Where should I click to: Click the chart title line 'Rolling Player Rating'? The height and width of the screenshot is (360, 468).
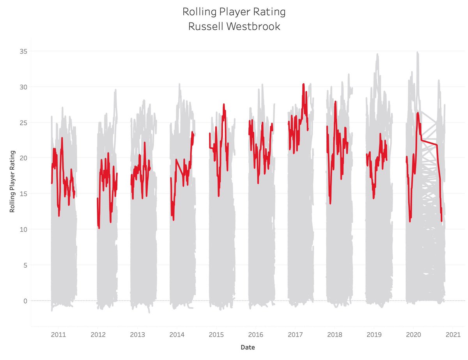pos(234,12)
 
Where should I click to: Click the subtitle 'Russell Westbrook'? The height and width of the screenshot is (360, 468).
pos(234,27)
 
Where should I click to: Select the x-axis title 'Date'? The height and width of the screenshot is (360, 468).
pos(248,347)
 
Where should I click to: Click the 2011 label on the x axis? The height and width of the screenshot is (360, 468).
pos(58,335)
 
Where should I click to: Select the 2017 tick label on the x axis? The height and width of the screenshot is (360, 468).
pos(295,335)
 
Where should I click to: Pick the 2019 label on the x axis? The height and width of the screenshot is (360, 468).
pos(374,335)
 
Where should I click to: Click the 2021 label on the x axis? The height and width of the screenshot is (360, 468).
pos(453,335)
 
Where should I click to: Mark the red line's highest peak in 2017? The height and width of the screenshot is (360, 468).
pos(303,84)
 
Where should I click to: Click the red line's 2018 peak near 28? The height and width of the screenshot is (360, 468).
pos(335,102)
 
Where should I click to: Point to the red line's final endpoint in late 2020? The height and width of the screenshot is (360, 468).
pos(441,221)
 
